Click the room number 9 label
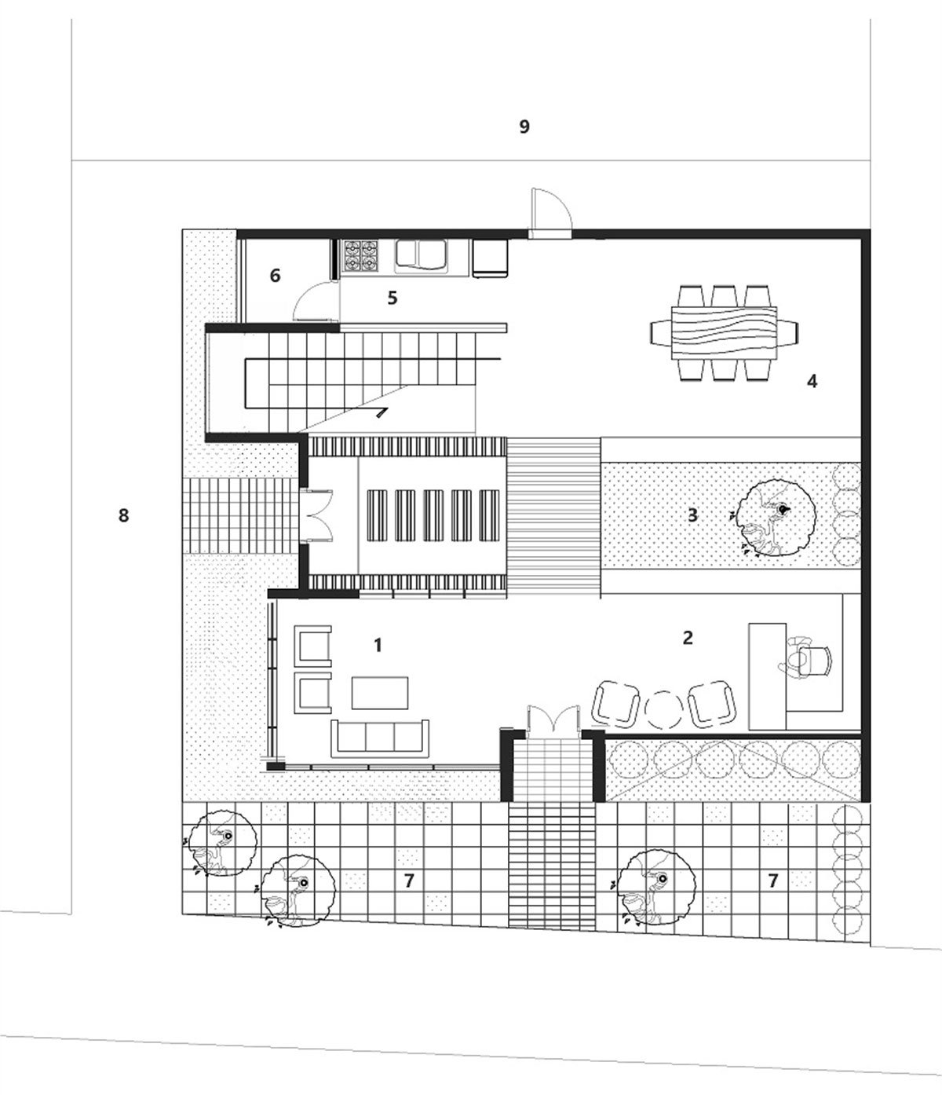point(524,126)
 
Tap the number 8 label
point(123,515)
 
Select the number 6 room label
point(275,276)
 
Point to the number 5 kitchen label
point(392,298)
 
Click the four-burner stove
point(361,257)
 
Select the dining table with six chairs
point(724,333)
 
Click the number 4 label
point(812,381)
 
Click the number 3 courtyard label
point(692,515)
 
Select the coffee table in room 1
point(380,692)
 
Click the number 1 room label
point(378,645)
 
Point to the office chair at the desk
point(805,661)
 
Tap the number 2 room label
point(688,638)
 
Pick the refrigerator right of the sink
point(491,258)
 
